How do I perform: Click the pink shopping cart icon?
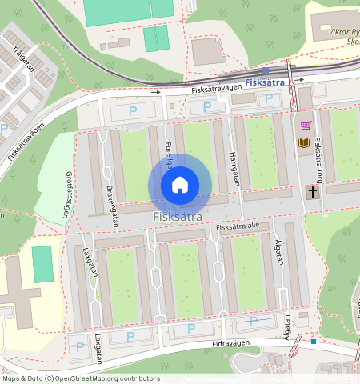pos(306,125)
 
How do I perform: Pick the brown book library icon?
pos(304,143)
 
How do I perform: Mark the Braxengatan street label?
pos(111,207)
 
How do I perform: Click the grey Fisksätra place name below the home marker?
pos(178,217)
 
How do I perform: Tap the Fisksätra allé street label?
pos(238,228)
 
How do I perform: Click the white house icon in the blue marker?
pos(180,185)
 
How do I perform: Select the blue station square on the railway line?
pos(266,71)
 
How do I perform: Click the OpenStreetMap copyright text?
pos(80,378)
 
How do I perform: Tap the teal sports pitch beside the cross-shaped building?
pos(42,263)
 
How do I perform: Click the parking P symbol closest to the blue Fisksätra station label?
pos(269,98)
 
